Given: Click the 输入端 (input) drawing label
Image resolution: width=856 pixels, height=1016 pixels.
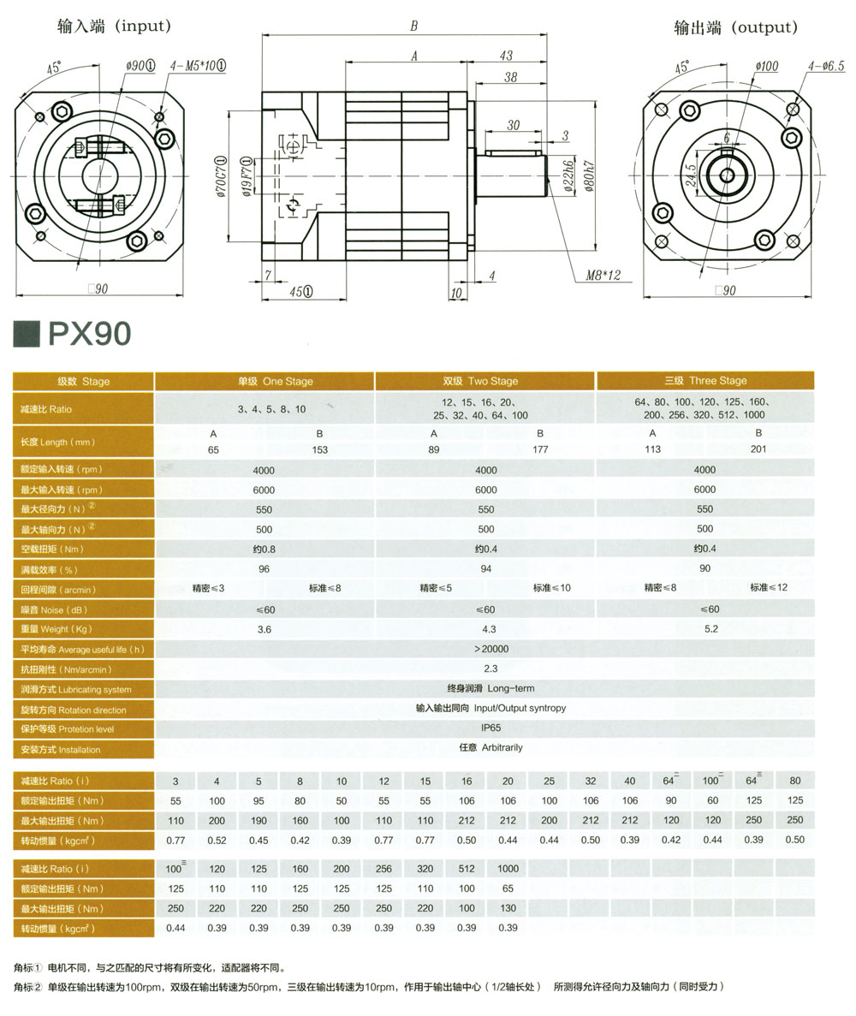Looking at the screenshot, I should click(x=114, y=27).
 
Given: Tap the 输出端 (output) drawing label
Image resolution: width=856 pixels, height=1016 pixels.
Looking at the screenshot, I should click(x=735, y=27).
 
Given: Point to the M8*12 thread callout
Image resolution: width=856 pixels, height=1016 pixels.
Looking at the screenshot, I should click(x=603, y=276).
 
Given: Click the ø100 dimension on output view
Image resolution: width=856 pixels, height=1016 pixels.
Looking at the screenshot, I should click(x=766, y=66).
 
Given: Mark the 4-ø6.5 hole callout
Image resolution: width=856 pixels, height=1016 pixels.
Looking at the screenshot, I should click(x=825, y=66).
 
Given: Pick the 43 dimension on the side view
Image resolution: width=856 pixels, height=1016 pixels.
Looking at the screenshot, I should click(x=506, y=56).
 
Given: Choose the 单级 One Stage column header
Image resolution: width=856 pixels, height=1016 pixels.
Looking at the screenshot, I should click(x=264, y=381).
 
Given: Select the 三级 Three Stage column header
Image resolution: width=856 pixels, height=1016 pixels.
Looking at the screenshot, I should click(x=705, y=381).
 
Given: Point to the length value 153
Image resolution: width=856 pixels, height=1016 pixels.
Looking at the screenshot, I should click(x=319, y=449).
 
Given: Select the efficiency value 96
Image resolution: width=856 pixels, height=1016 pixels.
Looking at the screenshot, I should click(x=264, y=568).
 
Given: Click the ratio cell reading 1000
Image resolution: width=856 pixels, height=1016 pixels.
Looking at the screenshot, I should click(x=508, y=870).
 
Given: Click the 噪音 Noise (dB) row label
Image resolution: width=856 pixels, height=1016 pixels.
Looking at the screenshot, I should click(x=55, y=610).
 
